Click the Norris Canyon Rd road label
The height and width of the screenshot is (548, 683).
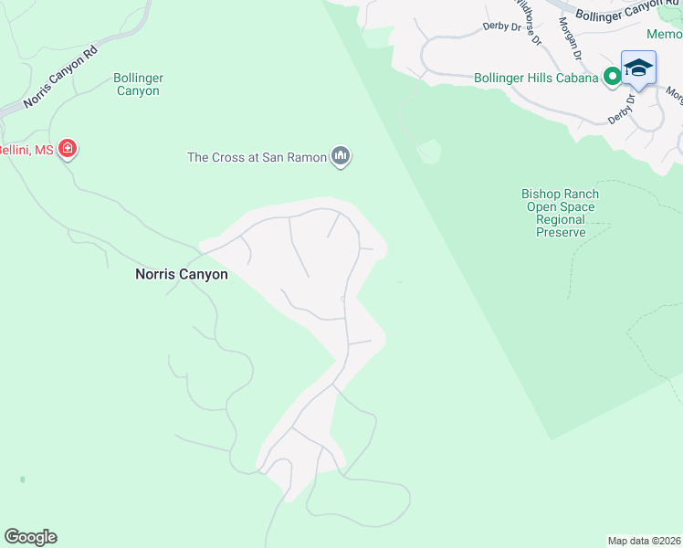pos(61,79)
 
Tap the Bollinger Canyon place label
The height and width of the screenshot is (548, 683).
pos(138,85)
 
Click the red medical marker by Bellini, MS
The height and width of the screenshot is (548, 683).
pos(67,148)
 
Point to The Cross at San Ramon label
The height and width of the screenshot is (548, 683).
pos(257,157)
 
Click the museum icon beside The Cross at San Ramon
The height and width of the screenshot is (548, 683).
pos(341,157)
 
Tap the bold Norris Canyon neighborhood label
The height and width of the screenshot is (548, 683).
pos(182,274)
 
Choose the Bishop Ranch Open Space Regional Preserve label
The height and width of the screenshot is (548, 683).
pos(561,213)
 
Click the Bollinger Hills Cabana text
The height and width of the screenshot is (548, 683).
pos(536,78)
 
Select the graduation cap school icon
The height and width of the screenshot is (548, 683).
pos(638,69)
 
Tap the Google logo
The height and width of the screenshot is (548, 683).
pos(30,536)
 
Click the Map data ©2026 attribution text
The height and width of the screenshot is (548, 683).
pos(644,541)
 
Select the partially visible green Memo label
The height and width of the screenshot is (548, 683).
pos(665,34)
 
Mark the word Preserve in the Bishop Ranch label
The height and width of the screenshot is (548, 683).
pos(561,233)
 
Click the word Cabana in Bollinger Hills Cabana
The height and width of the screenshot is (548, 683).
pos(579,78)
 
